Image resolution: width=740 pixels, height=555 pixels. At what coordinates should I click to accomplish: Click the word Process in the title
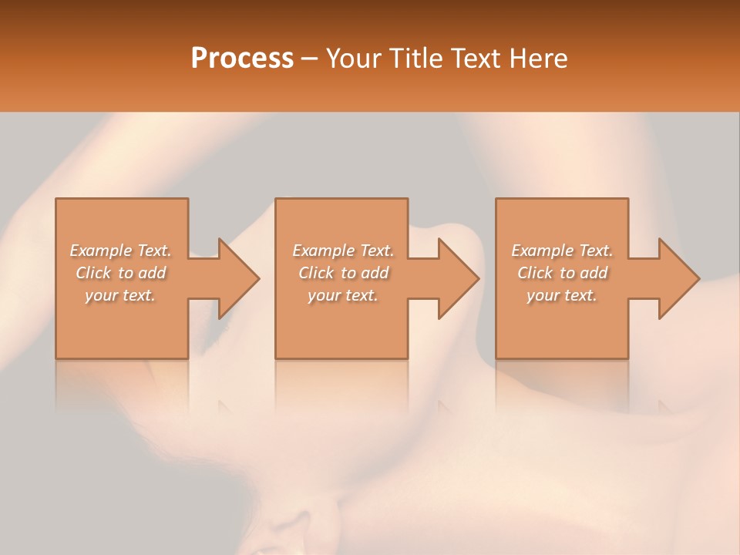click(x=242, y=59)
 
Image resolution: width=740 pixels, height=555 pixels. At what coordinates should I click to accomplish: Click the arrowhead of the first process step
click(x=238, y=278)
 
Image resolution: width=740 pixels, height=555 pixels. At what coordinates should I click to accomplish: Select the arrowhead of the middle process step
click(x=458, y=278)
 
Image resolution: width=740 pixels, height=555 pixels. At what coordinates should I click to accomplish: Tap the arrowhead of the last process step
click(x=678, y=278)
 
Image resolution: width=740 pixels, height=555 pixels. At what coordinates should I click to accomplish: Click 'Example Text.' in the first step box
click(x=121, y=251)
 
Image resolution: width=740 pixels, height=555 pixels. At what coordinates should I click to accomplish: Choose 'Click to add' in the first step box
click(x=121, y=273)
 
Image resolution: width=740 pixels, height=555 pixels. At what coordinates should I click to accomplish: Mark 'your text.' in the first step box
click(x=121, y=295)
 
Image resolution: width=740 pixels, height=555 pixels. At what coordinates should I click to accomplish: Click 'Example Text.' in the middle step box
click(x=343, y=251)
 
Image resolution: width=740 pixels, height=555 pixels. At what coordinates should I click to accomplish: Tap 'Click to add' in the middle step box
click(x=343, y=273)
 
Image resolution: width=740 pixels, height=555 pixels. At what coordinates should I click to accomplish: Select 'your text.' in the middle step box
click(x=343, y=295)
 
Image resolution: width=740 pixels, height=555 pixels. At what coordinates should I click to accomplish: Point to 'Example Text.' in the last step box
click(x=562, y=251)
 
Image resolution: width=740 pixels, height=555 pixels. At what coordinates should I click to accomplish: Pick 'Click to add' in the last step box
click(x=562, y=273)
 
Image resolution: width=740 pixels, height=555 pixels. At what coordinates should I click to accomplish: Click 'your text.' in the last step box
click(x=562, y=295)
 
